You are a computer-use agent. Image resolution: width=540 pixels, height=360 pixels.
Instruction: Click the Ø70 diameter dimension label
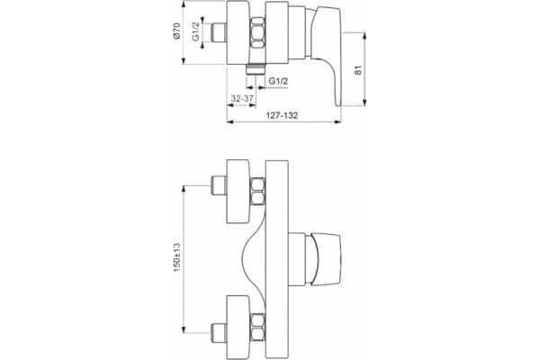pyautogui.click(x=176, y=31)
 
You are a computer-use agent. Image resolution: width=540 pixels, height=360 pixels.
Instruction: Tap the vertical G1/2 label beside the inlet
pyautogui.click(x=195, y=31)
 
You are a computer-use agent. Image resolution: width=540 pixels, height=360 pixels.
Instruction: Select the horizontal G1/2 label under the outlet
pyautogui.click(x=278, y=81)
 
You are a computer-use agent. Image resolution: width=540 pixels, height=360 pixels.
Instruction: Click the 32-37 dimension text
pyautogui.click(x=242, y=98)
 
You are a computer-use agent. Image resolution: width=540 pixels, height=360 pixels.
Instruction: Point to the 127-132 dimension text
pyautogui.click(x=282, y=115)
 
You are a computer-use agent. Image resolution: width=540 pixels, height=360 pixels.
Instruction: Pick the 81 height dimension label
pyautogui.click(x=358, y=70)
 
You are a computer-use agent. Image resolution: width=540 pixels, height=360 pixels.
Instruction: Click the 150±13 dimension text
pyautogui.click(x=177, y=257)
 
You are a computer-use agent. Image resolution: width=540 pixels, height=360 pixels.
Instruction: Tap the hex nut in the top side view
pyautogui.click(x=257, y=33)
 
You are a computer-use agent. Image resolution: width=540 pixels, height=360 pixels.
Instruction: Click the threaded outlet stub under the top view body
pyautogui.click(x=255, y=69)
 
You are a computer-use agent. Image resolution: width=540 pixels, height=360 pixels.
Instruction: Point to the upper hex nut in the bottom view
pyautogui.click(x=258, y=192)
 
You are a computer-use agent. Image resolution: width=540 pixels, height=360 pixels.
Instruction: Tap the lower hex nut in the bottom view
pyautogui.click(x=258, y=327)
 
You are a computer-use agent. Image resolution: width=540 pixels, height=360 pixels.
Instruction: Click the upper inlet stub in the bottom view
pyautogui.click(x=218, y=186)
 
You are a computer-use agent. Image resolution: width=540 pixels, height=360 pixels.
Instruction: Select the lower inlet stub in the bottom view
pyautogui.click(x=218, y=334)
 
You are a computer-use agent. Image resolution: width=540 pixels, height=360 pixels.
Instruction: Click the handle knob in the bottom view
pyautogui.click(x=323, y=259)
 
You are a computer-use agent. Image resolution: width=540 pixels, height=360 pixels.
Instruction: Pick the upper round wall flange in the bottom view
pyautogui.click(x=238, y=191)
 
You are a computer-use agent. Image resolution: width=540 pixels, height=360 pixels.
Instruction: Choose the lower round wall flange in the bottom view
pyautogui.click(x=238, y=327)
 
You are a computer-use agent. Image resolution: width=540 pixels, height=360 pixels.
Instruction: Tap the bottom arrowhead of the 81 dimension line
pyautogui.click(x=364, y=103)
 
